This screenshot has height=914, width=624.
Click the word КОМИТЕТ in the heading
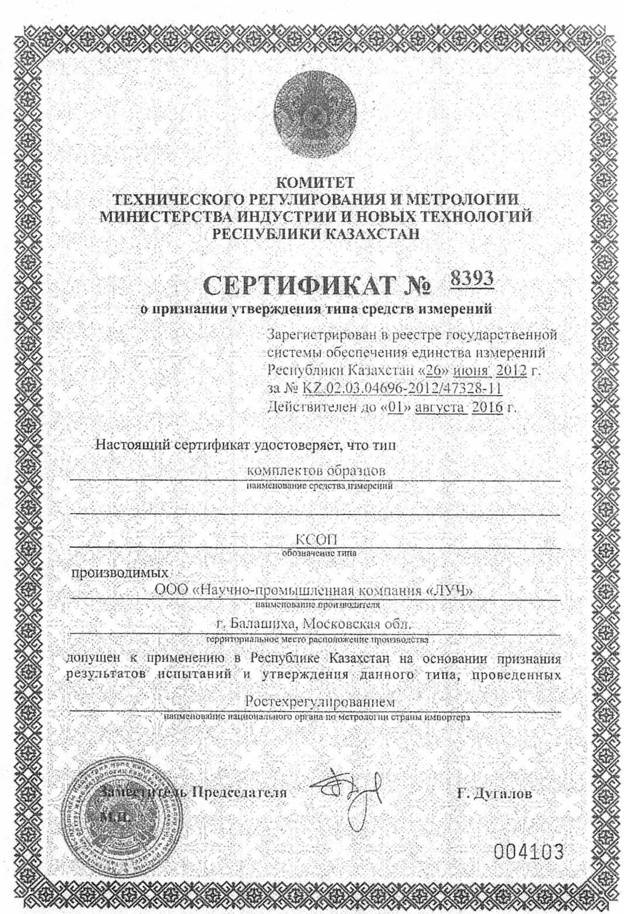pyautogui.click(x=315, y=182)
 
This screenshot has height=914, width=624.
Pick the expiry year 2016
pyautogui.click(x=487, y=407)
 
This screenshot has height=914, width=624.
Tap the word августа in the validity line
pyautogui.click(x=439, y=407)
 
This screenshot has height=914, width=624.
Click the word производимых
pyautogui.click(x=120, y=572)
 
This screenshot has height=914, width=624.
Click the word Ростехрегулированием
pyautogui.click(x=319, y=701)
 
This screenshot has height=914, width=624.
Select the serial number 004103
pyautogui.click(x=528, y=851)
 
